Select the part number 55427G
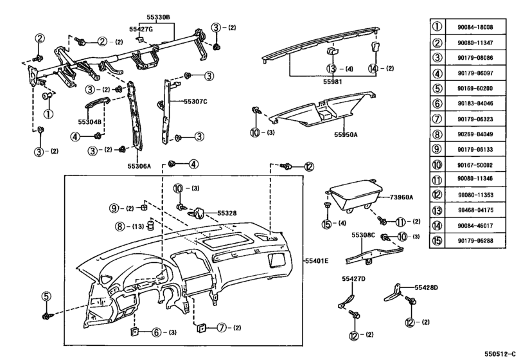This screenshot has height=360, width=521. [141, 29]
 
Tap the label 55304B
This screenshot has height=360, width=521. [91, 121]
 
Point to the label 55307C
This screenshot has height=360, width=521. [196, 101]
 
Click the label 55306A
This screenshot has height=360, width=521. [138, 165]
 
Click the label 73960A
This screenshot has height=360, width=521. [401, 197]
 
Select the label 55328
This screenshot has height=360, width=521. [227, 212]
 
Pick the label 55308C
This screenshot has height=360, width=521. [363, 236]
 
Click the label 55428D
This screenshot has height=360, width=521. [426, 287]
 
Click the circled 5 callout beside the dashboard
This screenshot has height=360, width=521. [46, 296]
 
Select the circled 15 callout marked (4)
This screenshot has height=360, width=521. [326, 224]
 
